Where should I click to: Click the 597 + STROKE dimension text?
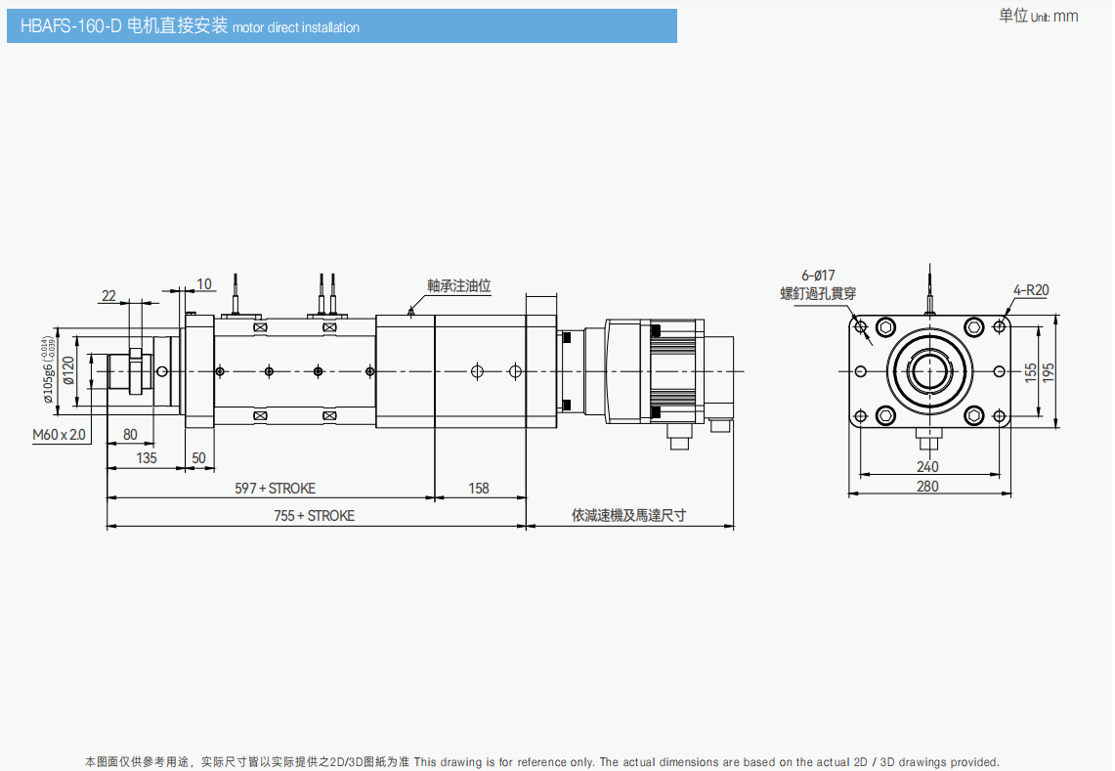275,488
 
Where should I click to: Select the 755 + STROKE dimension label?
314,515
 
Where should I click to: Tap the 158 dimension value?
479,488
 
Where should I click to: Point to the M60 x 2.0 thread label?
59,434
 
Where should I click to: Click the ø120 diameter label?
67,370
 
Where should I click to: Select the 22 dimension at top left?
108,295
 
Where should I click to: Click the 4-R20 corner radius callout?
1031,290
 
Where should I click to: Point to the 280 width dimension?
927,486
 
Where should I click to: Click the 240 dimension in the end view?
927,466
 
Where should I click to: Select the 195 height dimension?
1050,372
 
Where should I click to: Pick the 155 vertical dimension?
1031,372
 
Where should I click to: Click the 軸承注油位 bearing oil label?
458,286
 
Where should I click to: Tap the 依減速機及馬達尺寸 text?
628,515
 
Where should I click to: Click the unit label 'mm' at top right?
1066,16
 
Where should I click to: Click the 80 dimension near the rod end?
130,434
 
